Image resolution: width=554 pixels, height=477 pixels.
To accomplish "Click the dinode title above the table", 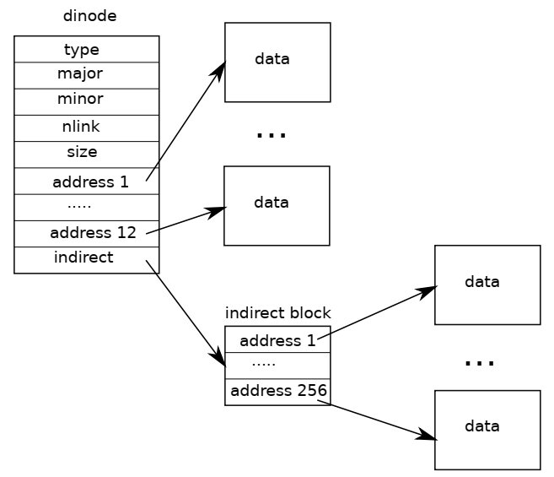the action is tap(89, 16).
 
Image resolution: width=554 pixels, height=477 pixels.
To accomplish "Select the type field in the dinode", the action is tap(87, 49).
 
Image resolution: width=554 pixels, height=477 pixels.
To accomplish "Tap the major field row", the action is tap(87, 76).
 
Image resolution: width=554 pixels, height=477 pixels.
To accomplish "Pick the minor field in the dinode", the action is tap(87, 102).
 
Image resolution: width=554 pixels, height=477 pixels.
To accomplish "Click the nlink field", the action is tap(87, 128).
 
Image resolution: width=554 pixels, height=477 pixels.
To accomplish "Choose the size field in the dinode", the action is tap(87, 154).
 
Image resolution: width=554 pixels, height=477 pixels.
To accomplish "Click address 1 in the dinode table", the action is tap(87, 182).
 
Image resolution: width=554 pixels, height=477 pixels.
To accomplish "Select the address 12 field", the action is tap(87, 234).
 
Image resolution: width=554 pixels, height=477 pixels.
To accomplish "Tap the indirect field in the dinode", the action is tap(87, 260).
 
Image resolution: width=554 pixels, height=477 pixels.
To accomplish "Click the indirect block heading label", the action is tap(277, 313).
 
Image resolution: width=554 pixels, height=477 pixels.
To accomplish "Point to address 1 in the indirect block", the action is tap(277, 339).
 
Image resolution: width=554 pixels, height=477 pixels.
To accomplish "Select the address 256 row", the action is tap(277, 392).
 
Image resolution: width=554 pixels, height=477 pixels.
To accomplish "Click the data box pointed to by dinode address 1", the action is tap(277, 62).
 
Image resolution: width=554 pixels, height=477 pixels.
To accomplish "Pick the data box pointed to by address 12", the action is tap(277, 206).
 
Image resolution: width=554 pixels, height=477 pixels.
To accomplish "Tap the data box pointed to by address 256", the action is tap(487, 430).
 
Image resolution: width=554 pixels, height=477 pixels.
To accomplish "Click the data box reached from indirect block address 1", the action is tap(487, 285).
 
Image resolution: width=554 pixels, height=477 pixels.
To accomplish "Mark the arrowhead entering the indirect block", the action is tap(220, 358).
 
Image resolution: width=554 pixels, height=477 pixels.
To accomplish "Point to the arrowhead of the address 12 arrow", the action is tap(217, 211).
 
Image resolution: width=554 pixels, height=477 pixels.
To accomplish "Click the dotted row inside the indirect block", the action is tap(277, 366).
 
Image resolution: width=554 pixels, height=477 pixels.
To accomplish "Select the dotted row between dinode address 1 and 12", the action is tap(87, 208).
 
